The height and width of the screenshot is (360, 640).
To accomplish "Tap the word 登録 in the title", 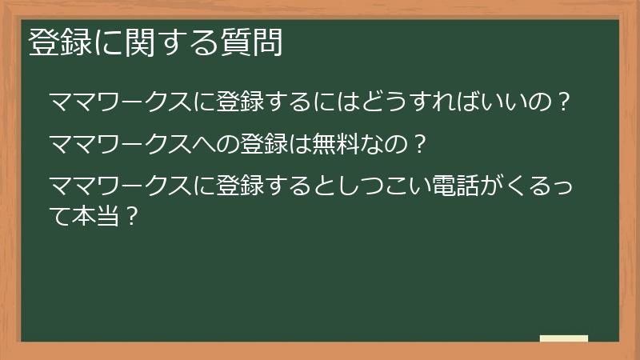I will click(59, 43).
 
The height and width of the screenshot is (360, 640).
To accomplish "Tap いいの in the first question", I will click(520, 103).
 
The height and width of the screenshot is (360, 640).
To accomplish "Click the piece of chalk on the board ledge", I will click(564, 338).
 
